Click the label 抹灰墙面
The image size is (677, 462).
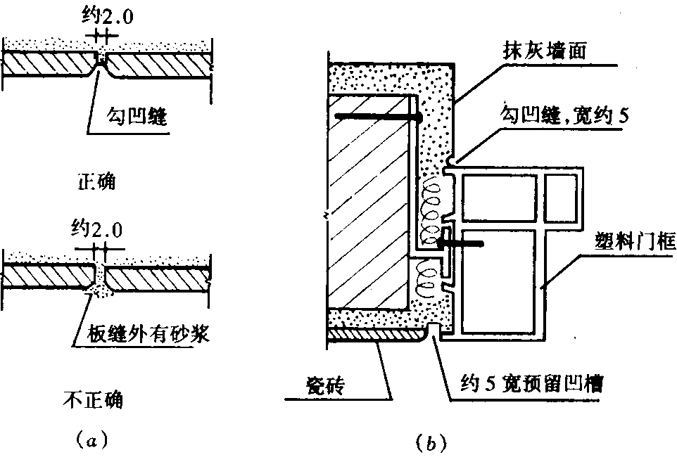tap(544, 51)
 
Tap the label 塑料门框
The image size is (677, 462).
tap(635, 242)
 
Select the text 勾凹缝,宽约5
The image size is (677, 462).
tap(564, 115)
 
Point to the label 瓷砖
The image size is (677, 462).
tap(326, 385)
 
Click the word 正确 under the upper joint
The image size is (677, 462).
tap(96, 181)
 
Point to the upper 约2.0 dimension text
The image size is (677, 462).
tap(108, 16)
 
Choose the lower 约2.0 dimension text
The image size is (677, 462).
tap(97, 229)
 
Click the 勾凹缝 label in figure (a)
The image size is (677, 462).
tap(137, 115)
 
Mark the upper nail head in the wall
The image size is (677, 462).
tap(417, 117)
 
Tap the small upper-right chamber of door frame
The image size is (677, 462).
tap(560, 197)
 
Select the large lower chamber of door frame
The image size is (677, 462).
tap(499, 281)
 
